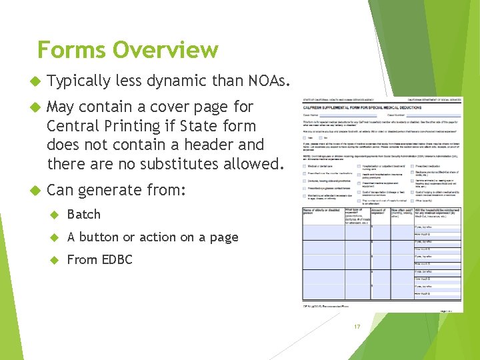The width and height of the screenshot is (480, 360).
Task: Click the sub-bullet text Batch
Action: [84, 215]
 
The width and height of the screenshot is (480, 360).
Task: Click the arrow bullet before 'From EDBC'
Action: [56, 260]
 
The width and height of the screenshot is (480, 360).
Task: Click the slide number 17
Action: [357, 327]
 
